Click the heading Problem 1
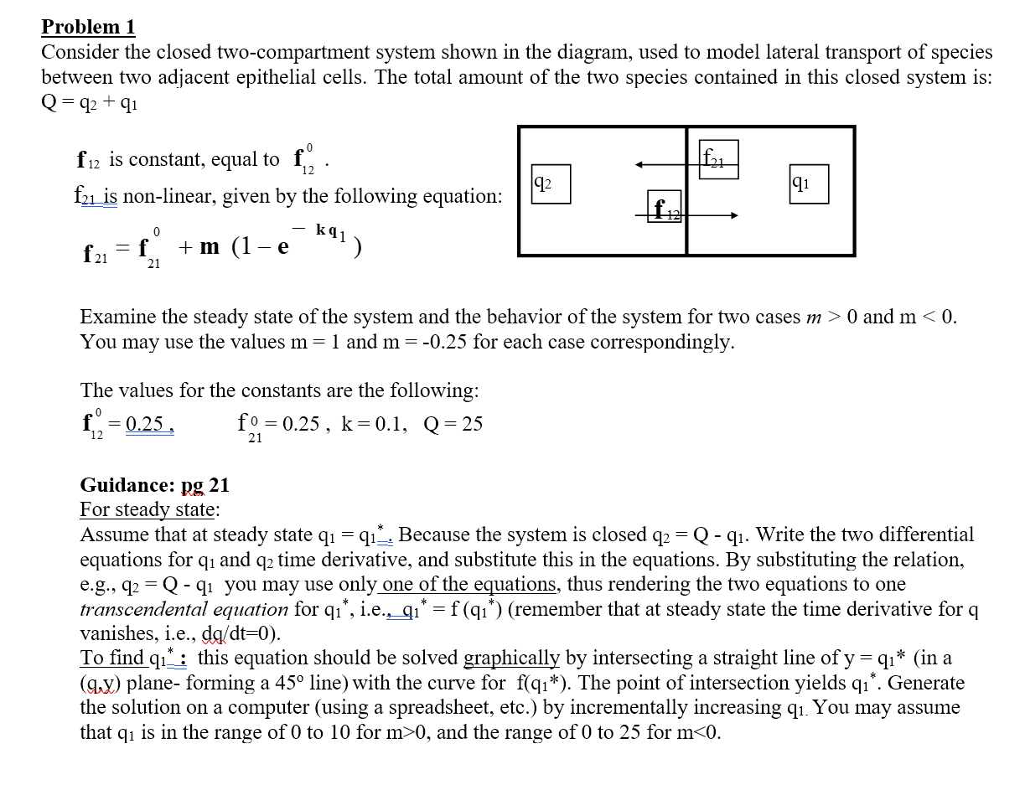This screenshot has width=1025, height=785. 88,27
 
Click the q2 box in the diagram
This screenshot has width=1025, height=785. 551,183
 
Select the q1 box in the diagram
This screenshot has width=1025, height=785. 808,183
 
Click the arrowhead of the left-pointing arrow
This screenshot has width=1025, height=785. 639,165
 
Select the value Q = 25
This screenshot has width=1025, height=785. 453,424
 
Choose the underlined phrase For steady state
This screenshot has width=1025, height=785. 149,509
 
